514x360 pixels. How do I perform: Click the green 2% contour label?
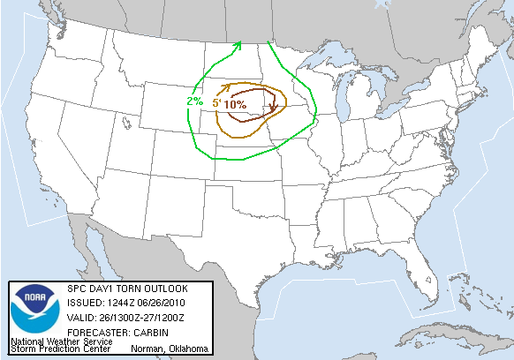coord(194,101)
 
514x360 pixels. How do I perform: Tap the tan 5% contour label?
coord(215,104)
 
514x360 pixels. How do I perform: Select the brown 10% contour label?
coord(235,104)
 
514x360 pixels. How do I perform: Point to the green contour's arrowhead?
coord(239,43)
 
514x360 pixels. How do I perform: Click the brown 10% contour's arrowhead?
coord(274,109)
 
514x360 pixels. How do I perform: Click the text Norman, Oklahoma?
coord(169,349)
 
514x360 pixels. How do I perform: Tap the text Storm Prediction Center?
coord(61,349)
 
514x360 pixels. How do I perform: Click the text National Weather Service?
coord(61,341)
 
